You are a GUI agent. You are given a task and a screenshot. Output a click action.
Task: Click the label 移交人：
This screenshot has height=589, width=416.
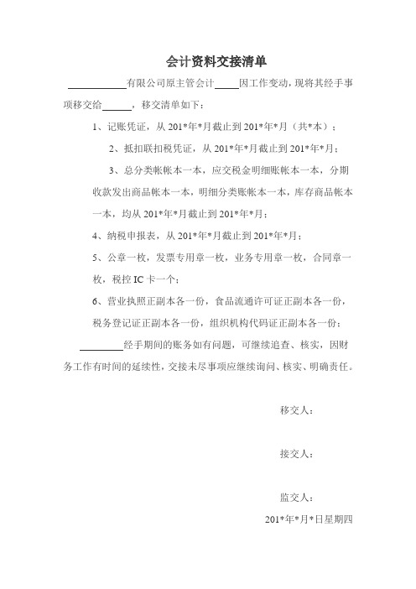(296, 410)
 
